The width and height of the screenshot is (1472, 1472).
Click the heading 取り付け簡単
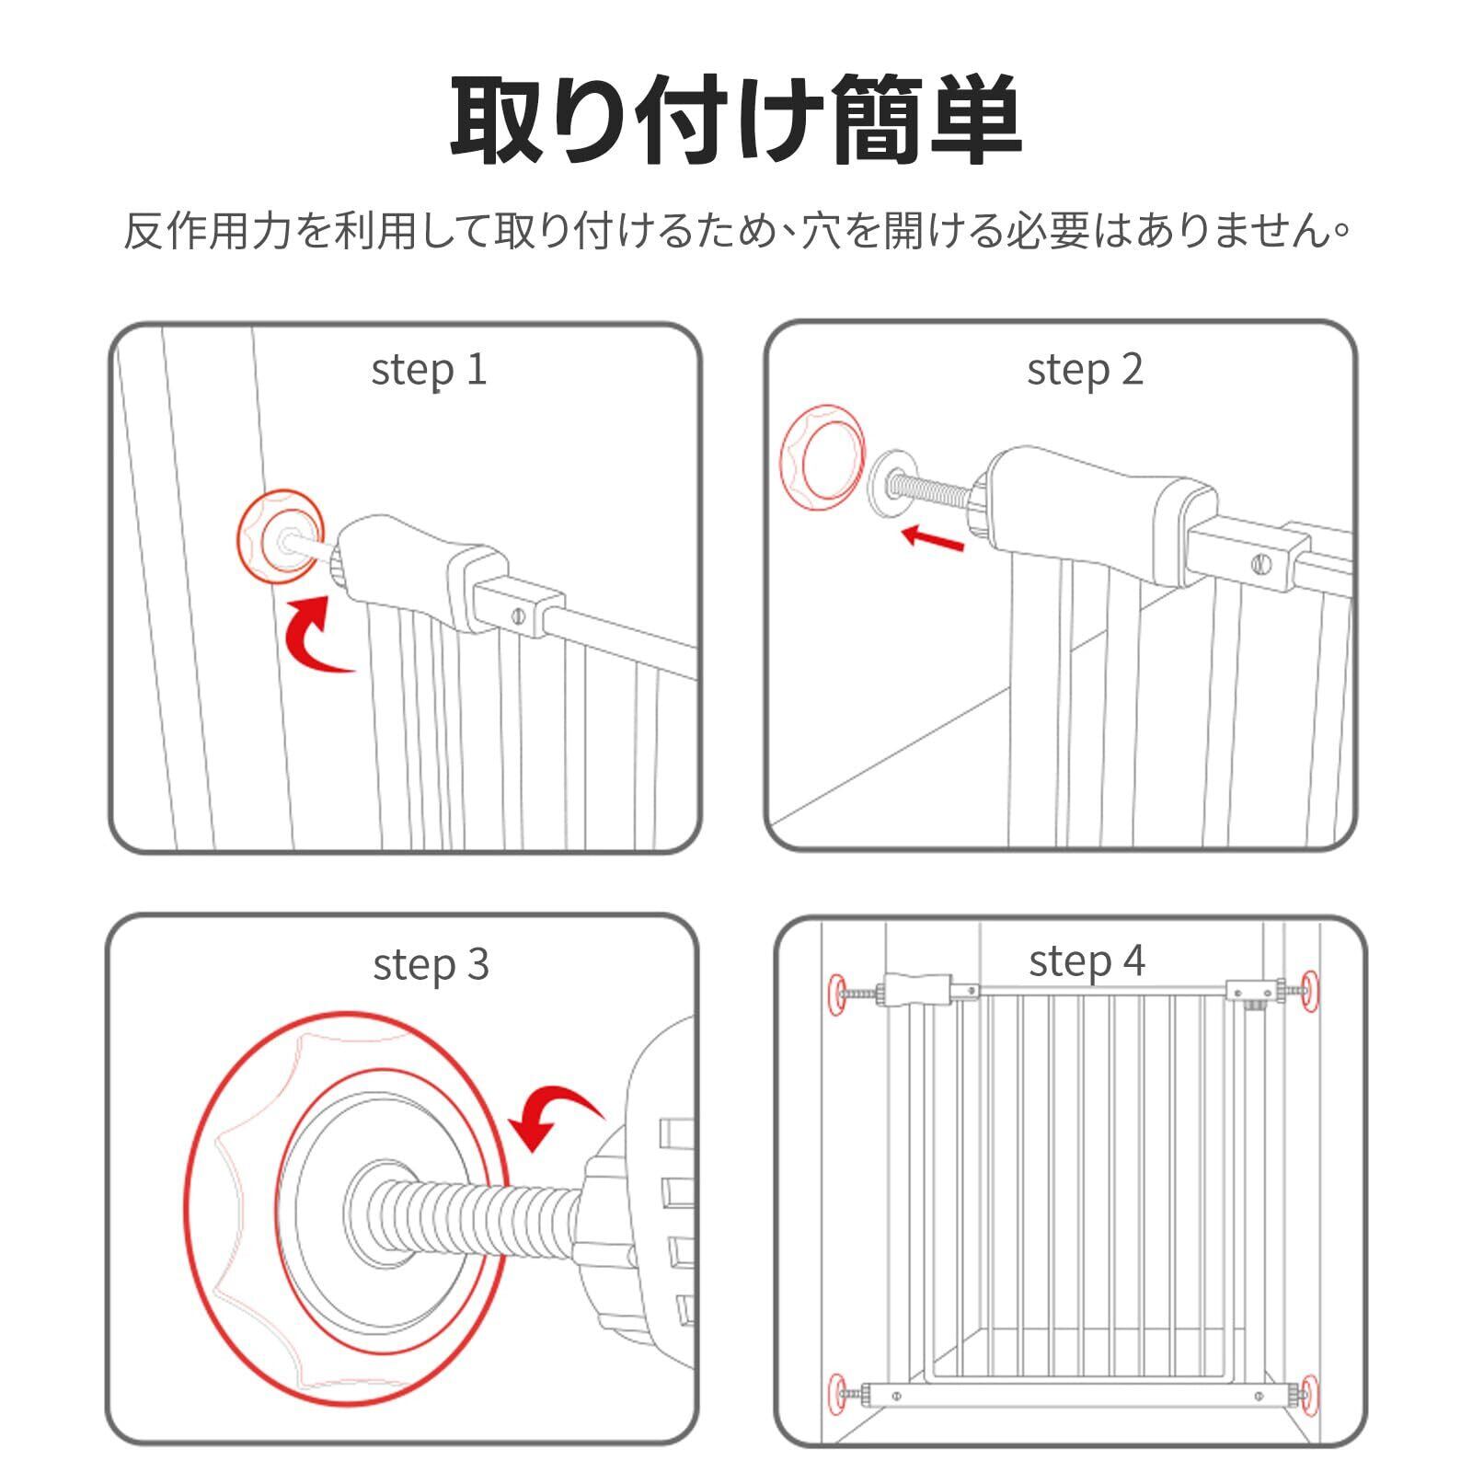click(x=736, y=120)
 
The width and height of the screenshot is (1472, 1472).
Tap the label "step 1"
click(x=429, y=370)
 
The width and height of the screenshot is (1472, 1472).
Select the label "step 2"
click(x=1085, y=370)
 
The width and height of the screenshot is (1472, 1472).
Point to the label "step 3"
click(x=431, y=964)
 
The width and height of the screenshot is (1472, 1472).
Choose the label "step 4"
click(x=1087, y=961)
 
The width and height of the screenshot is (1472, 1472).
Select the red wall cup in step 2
click(x=823, y=457)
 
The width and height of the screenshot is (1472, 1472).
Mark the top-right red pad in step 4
click(x=1308, y=990)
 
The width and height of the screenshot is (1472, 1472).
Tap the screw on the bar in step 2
click(x=1261, y=564)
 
